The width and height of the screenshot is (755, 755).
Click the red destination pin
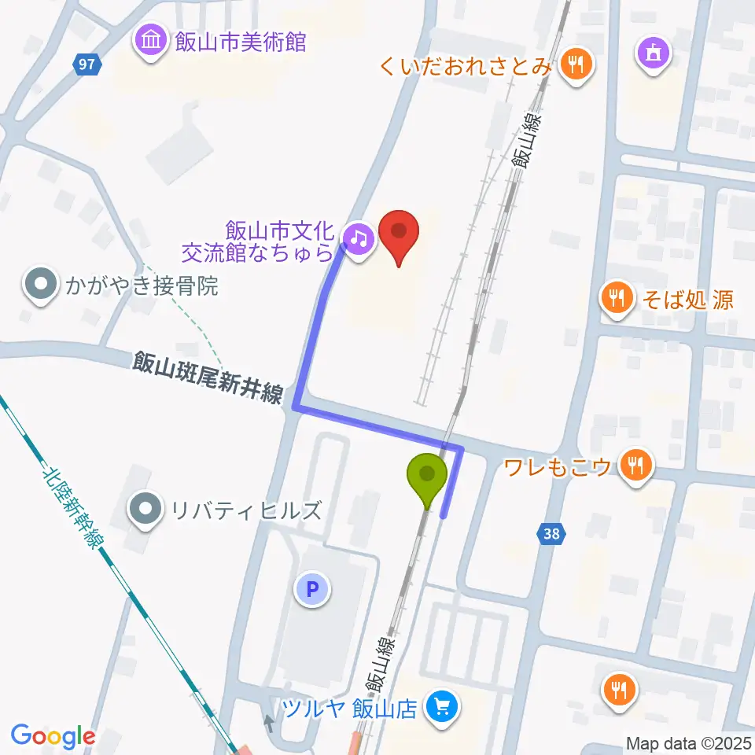400,237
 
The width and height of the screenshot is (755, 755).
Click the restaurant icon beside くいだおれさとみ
576,66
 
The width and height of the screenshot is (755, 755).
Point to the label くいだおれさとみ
466,66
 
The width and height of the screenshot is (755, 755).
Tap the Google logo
53,736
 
